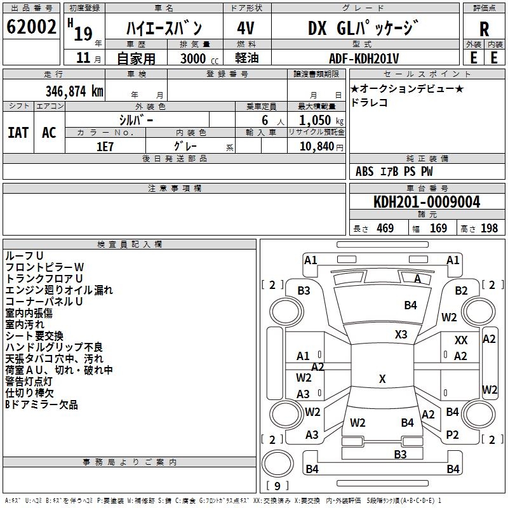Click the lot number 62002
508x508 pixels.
click(32, 27)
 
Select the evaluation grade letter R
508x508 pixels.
click(485, 29)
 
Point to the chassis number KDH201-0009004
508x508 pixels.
click(427, 202)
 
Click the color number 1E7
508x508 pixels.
click(105, 146)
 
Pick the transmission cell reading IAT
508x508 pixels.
click(18, 133)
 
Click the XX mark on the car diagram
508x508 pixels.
click(461, 341)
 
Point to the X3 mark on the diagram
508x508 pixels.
click(401, 334)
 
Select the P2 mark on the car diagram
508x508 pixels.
click(452, 435)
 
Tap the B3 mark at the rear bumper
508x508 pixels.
click(400, 454)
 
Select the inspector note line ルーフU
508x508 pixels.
click(24, 255)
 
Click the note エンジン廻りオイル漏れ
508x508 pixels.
click(58, 290)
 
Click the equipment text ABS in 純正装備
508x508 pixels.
click(364, 171)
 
